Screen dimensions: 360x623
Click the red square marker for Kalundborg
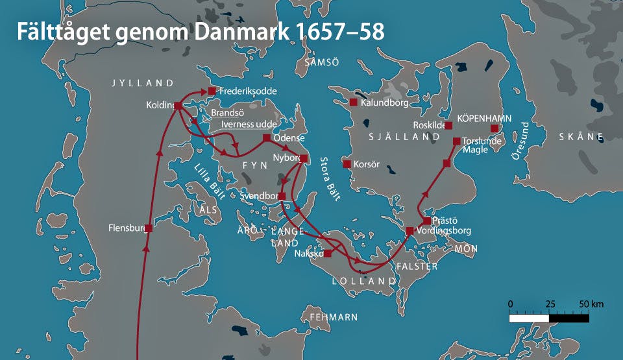coord(354,102)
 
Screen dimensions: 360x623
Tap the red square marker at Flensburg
coord(149,228)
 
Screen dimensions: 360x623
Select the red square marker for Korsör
coord(347,164)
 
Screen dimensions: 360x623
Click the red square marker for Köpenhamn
coord(495,128)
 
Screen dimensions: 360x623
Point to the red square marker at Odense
coord(267,138)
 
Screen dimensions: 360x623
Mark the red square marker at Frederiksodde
coord(212,91)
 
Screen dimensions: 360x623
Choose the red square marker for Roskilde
coord(448,125)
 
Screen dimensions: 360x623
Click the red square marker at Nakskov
coord(328,254)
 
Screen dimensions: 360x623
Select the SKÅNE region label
coord(581,137)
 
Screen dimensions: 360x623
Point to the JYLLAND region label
coord(143,83)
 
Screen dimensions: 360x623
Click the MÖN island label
coord(466,248)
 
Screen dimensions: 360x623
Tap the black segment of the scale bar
coord(569,318)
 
